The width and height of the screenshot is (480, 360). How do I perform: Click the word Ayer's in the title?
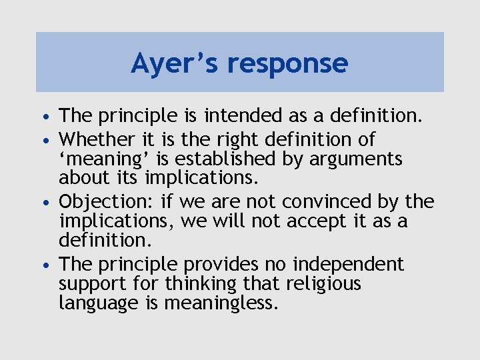[x=175, y=63]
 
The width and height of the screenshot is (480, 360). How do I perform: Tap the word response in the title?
[x=287, y=64]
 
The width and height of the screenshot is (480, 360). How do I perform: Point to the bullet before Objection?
[x=49, y=202]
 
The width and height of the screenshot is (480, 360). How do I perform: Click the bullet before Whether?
[x=49, y=140]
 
